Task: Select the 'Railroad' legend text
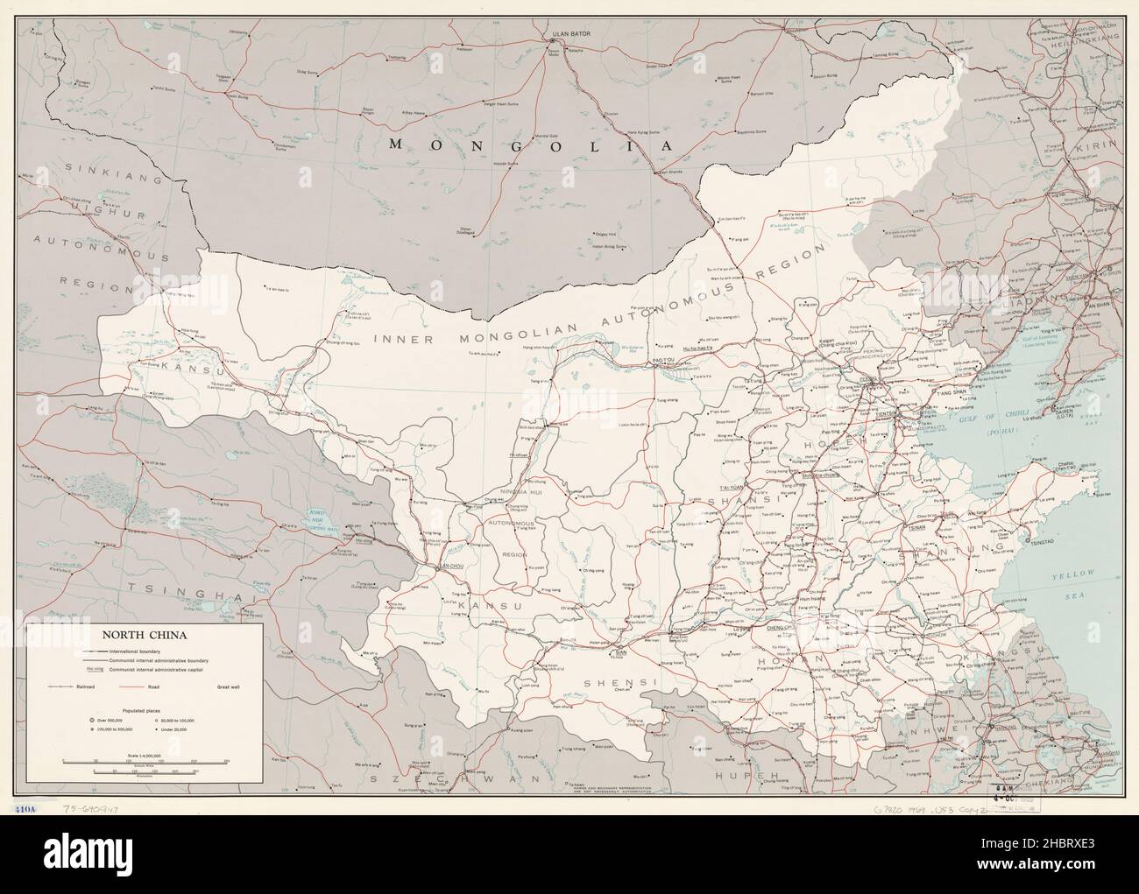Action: pos(84,687)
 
